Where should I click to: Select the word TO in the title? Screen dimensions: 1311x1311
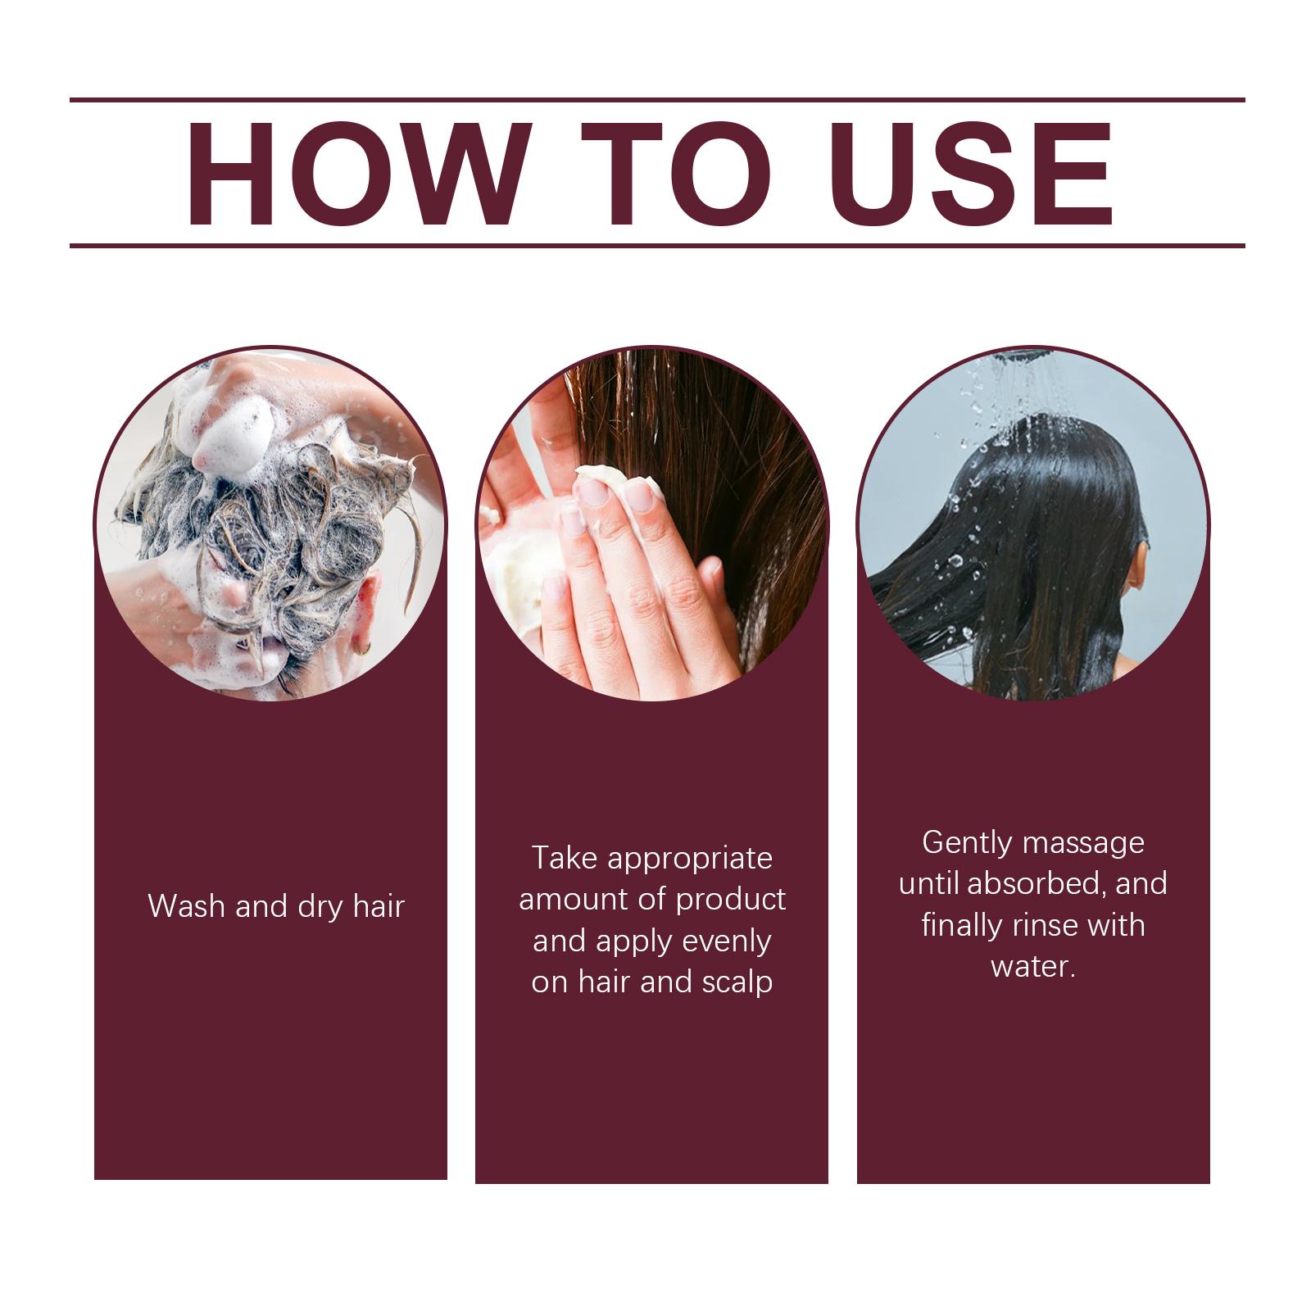click(x=676, y=173)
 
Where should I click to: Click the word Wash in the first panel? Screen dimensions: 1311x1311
click(x=187, y=906)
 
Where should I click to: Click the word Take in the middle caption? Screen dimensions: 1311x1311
click(x=565, y=858)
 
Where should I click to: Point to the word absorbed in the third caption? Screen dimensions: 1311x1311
click(x=1032, y=884)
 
